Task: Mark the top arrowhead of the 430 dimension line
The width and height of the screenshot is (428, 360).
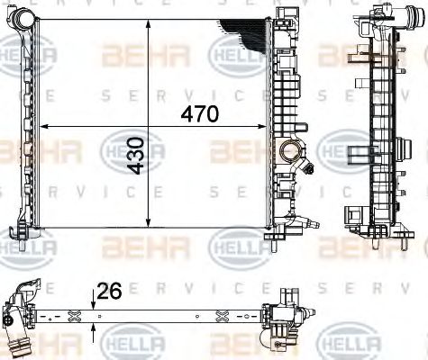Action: point(148,21)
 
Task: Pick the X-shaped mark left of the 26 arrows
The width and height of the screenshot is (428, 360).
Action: point(74,315)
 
